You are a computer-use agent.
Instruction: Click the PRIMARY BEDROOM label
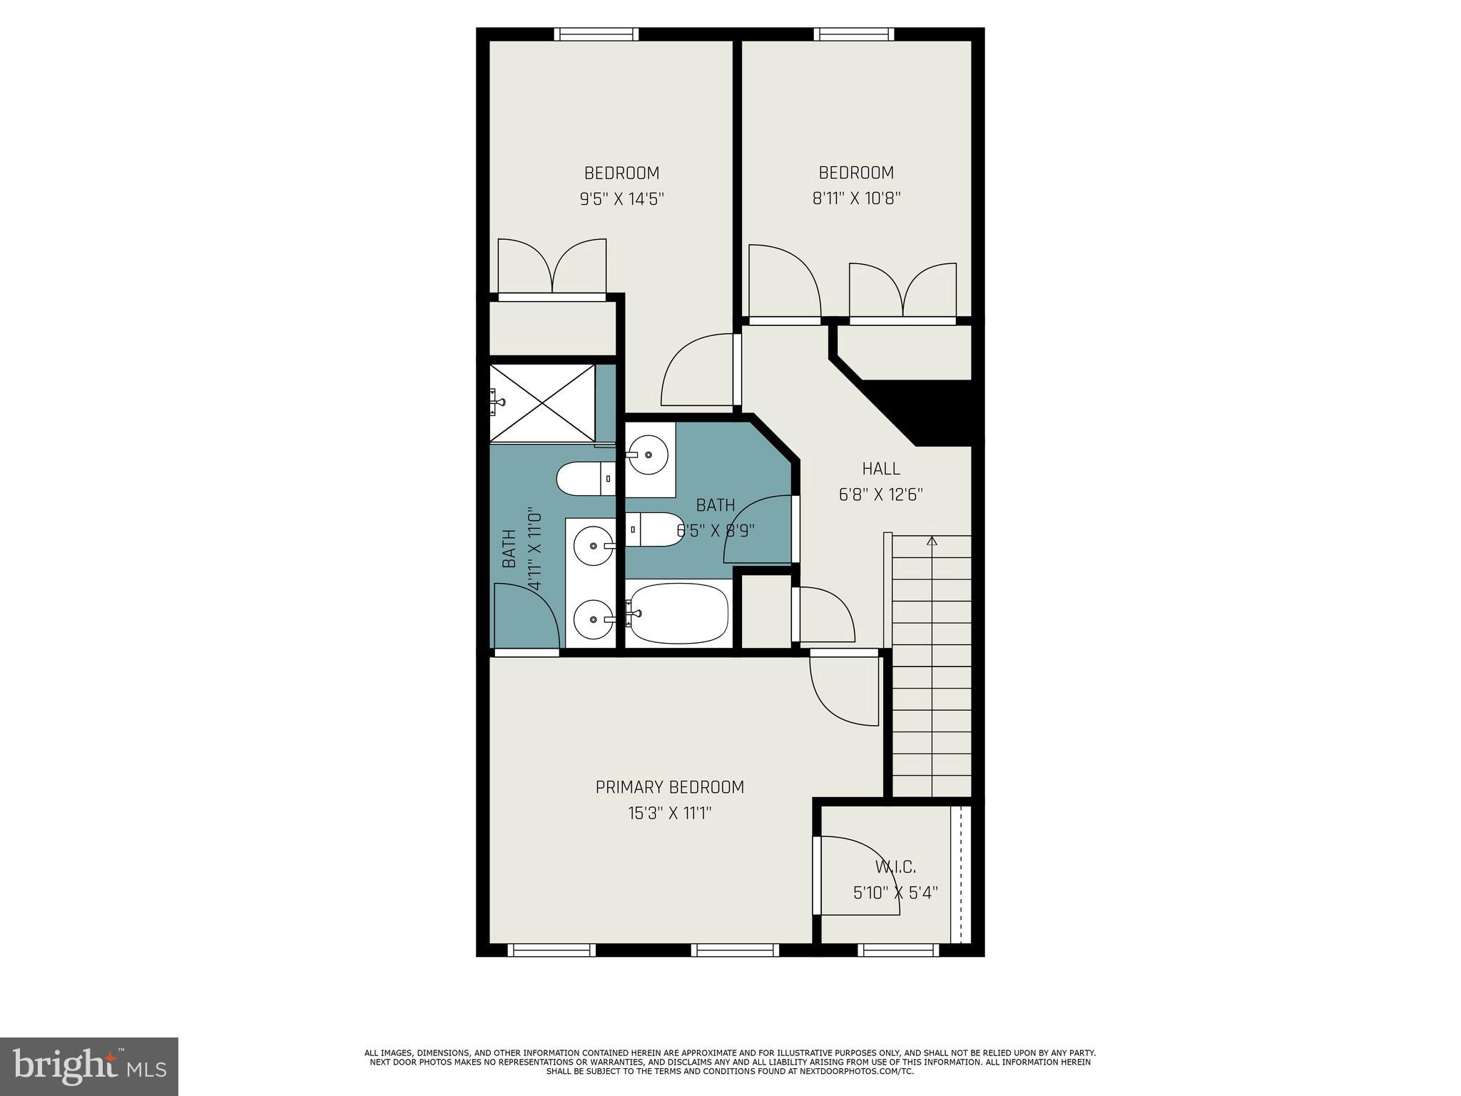(x=669, y=787)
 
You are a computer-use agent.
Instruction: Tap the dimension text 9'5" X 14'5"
(x=621, y=198)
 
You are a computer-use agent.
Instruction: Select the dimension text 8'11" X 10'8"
(x=856, y=198)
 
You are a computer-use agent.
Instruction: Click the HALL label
(x=881, y=469)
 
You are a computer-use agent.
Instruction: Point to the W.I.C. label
(x=895, y=867)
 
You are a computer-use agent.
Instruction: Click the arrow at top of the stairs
(x=932, y=541)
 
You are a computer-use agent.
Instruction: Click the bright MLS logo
(x=89, y=1067)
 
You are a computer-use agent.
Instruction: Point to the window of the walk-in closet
(x=898, y=950)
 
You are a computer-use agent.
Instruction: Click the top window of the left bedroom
(x=596, y=34)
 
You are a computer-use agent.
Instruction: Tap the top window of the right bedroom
(x=854, y=34)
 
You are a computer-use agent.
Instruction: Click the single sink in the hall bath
(x=648, y=452)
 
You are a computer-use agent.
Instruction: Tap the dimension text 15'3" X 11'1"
(x=669, y=813)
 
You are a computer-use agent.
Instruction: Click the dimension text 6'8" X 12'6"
(x=881, y=494)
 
